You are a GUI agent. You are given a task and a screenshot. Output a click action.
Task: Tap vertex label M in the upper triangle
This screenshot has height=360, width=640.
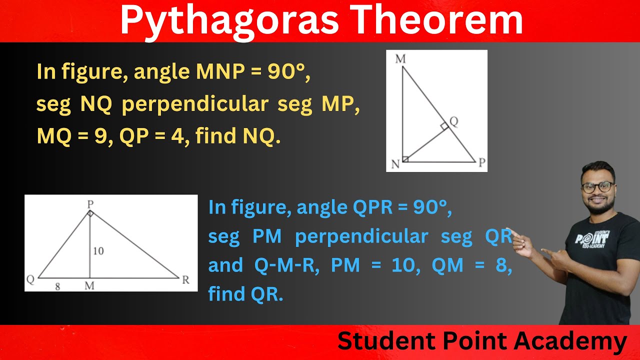(x=400, y=59)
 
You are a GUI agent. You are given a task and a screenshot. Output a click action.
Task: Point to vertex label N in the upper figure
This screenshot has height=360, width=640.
(x=395, y=163)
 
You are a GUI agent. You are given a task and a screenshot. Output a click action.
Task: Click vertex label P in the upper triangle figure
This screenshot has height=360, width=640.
(x=481, y=162)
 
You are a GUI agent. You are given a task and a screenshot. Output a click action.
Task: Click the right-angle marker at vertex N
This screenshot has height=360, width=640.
(x=405, y=159)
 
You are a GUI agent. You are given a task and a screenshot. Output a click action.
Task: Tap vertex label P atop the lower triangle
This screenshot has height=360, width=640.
(x=90, y=204)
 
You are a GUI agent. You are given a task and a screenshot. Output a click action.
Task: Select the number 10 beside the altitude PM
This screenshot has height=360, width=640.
(x=98, y=251)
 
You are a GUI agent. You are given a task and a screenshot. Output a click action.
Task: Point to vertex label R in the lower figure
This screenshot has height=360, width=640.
(x=185, y=280)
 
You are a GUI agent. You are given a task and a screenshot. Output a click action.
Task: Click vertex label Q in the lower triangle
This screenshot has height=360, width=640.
(x=30, y=280)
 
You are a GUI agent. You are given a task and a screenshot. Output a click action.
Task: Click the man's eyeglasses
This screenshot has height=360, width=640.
(x=597, y=187)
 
